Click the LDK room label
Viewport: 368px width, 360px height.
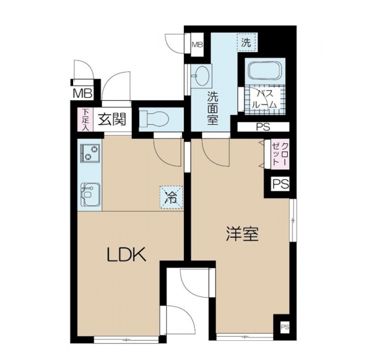coord(126,255)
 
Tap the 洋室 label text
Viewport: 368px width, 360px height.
coord(242,233)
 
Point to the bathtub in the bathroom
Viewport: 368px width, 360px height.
coord(265,70)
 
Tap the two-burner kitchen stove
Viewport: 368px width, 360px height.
coord(90,152)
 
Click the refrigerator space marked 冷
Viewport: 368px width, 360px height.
coord(171,197)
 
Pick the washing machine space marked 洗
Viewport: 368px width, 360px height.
coord(246,43)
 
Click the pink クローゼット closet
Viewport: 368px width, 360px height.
coord(280,154)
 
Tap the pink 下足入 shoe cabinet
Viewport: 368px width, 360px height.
coord(86,119)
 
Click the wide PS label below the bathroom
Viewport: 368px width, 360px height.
coord(263,127)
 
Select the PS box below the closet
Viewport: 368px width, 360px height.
coord(280,184)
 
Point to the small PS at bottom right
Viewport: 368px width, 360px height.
coord(285,327)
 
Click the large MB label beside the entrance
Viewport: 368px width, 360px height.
coord(82,93)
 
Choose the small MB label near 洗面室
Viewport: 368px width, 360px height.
coord(197,44)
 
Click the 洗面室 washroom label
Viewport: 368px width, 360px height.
coord(212,108)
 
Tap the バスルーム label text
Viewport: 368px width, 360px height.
coord(264,100)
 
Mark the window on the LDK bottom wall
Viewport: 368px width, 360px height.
coord(126,340)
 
